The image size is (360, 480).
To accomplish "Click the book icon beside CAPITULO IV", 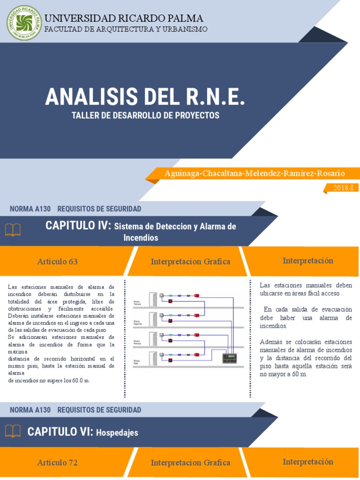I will click(x=13, y=229).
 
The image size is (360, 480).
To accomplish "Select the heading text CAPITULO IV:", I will click(x=78, y=226).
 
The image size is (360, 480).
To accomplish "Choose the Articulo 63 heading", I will click(x=57, y=262).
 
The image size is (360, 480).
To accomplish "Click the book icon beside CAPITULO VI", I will click(x=13, y=431).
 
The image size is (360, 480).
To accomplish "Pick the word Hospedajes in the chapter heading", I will click(x=117, y=433).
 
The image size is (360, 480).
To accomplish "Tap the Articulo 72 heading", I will click(x=57, y=463).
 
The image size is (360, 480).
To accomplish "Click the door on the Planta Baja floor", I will click(x=153, y=359).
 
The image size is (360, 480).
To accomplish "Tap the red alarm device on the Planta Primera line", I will click(x=197, y=335).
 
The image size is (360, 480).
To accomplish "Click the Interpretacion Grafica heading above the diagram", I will click(x=190, y=262).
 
